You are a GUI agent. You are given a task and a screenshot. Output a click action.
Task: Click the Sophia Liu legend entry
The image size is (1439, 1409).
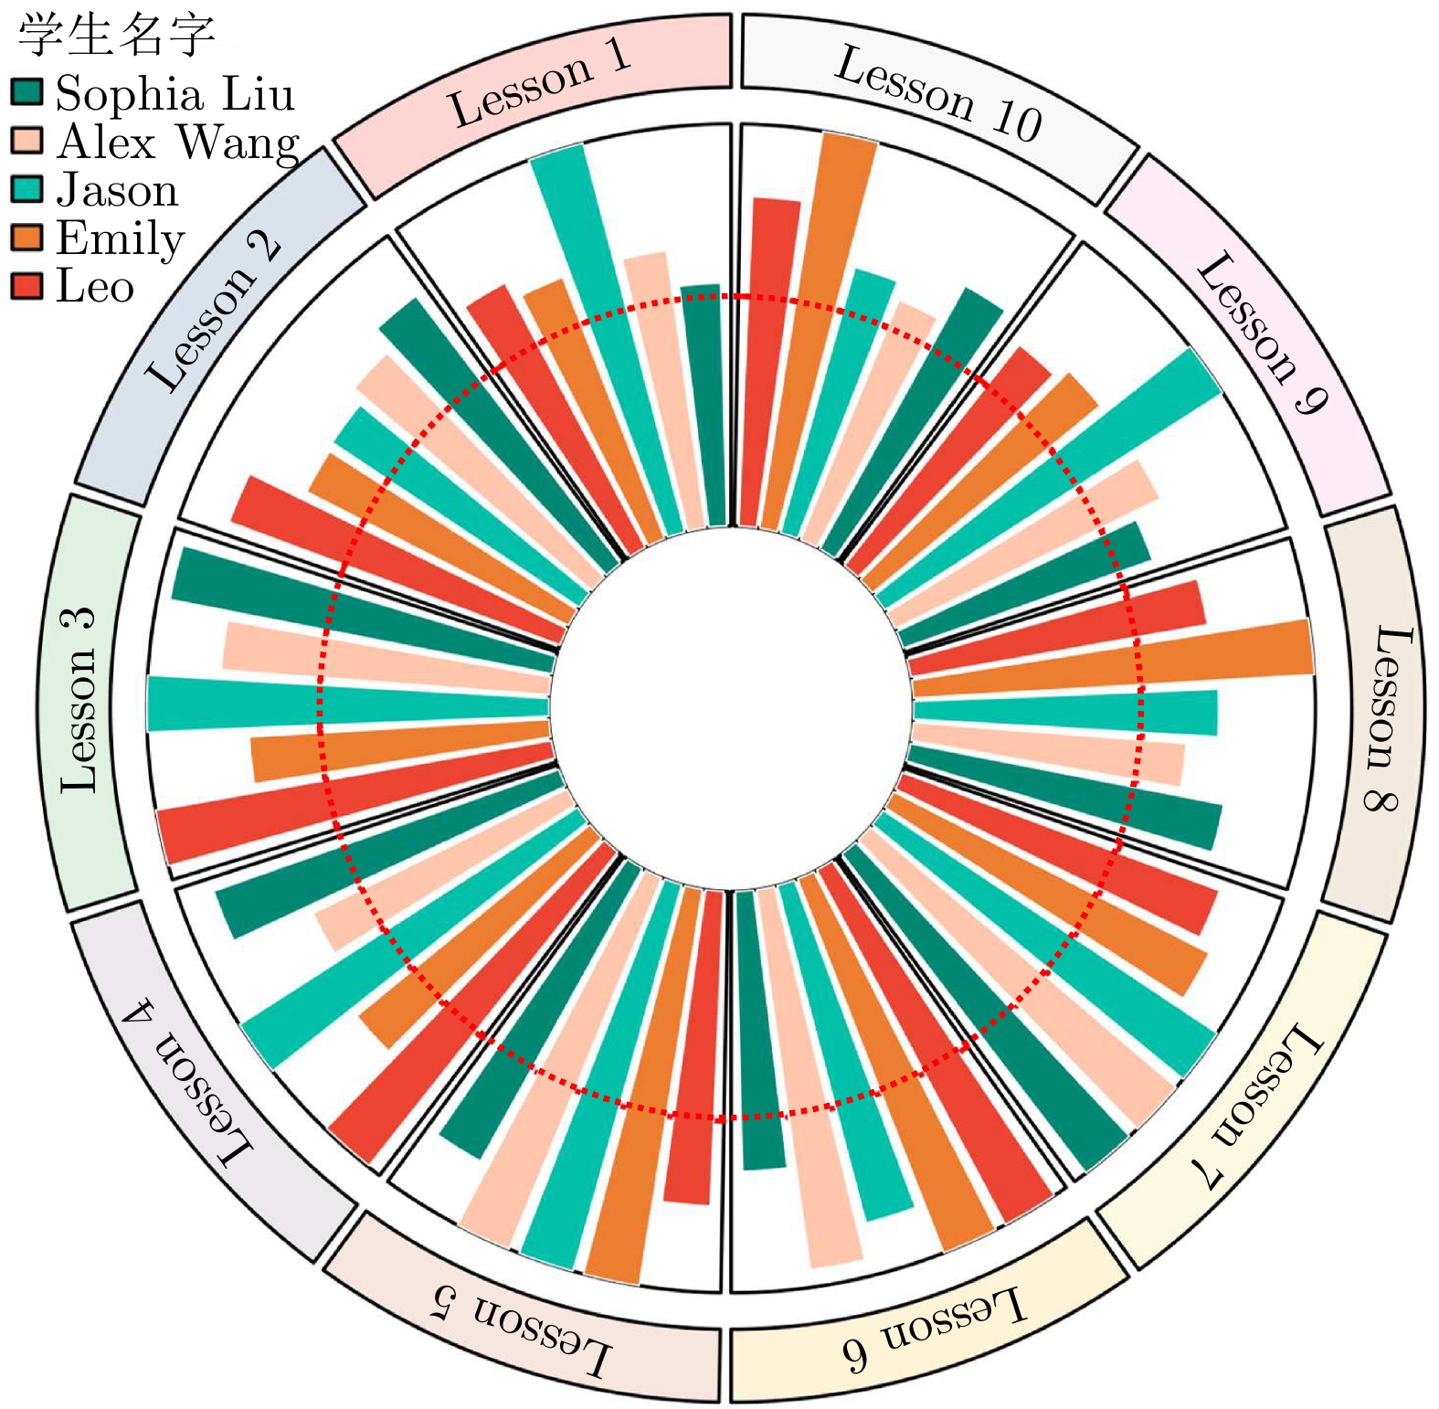click(174, 94)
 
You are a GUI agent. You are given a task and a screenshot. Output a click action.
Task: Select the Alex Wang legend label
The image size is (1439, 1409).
click(177, 143)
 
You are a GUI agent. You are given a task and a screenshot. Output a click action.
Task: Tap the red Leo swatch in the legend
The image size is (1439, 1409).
click(26, 287)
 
